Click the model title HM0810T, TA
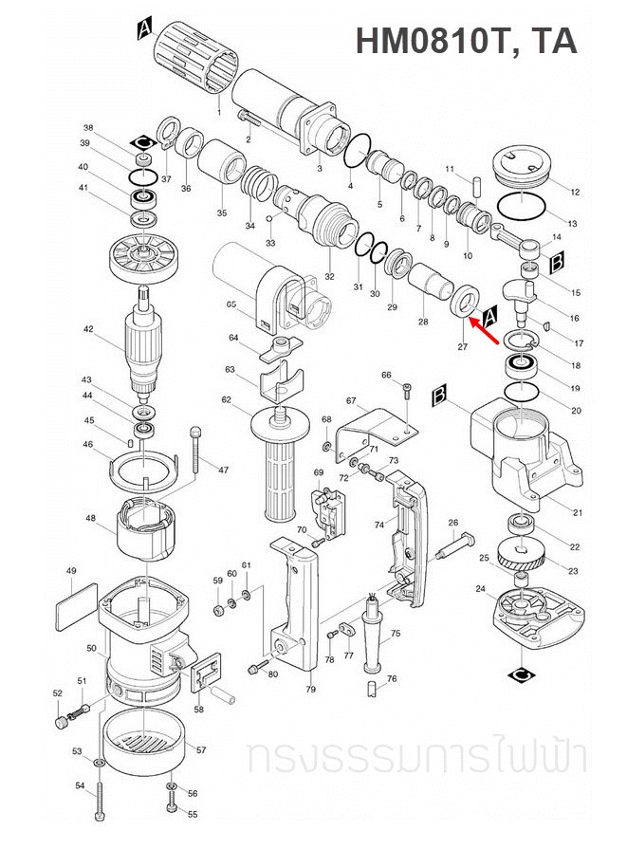[465, 41]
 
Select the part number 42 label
[88, 329]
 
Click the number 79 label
[310, 690]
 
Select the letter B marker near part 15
[559, 259]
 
